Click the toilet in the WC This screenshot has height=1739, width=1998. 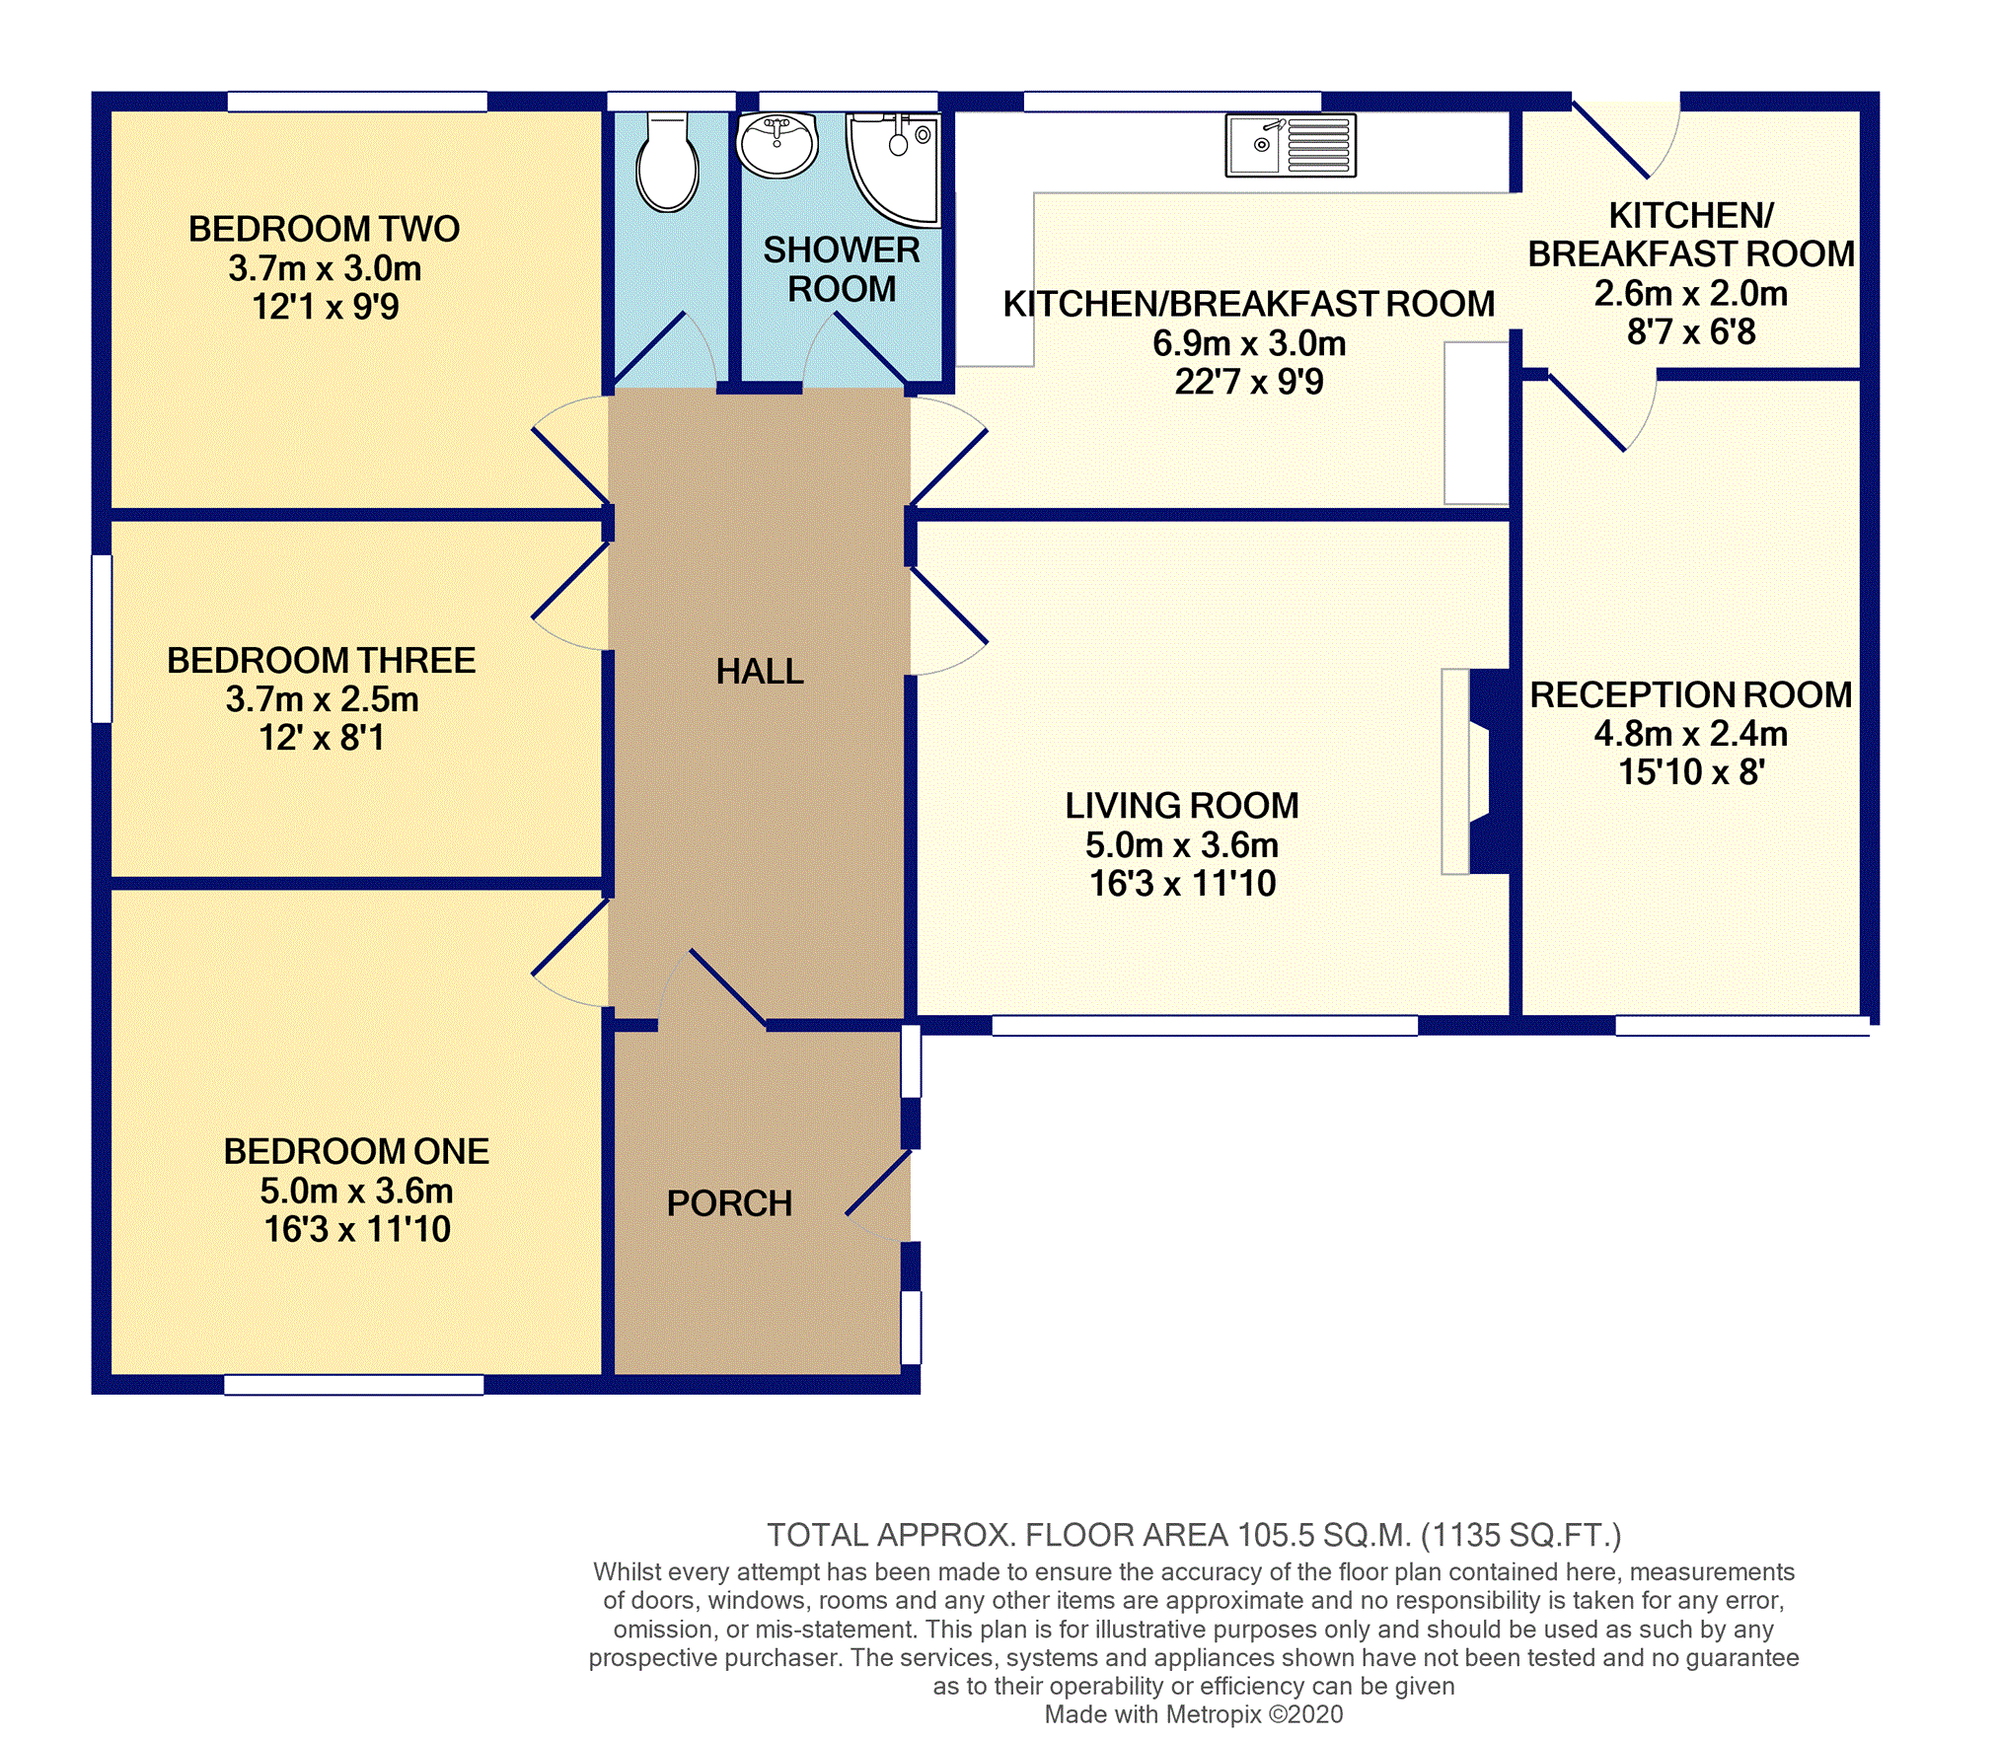point(668,162)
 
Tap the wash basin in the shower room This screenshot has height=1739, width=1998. point(777,144)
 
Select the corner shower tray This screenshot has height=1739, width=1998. point(894,168)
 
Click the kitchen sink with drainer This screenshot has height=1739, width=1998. point(1291,145)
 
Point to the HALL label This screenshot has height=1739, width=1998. point(760,672)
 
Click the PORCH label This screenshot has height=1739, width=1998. point(729,1203)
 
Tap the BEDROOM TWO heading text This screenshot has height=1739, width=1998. point(325,229)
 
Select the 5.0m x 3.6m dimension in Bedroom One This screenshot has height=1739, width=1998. point(356,1191)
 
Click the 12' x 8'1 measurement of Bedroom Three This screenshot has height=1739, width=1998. point(322,738)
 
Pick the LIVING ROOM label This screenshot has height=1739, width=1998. point(1182,806)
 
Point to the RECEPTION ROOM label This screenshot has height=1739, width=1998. point(1691,694)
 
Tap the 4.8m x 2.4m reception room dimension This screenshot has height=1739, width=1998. point(1691,734)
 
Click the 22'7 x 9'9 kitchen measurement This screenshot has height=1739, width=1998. point(1249,382)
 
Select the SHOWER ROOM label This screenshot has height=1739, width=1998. point(842,269)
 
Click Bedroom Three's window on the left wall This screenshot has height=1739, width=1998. point(102,639)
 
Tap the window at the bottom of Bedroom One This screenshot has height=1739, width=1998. point(354,1385)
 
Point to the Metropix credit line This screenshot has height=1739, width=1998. point(1194,1714)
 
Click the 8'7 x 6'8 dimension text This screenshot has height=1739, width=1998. point(1691,332)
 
